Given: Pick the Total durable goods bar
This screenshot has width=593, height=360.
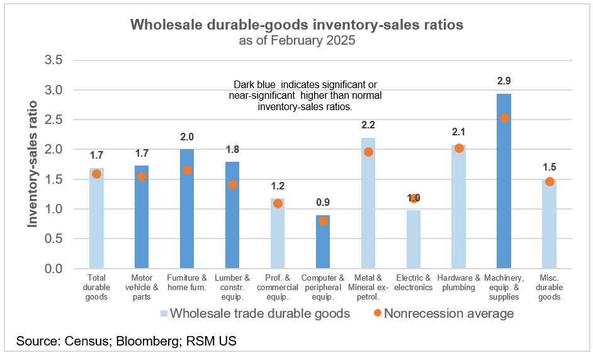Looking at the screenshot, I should point(96,220).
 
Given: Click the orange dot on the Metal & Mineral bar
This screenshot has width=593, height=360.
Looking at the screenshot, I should point(368,152).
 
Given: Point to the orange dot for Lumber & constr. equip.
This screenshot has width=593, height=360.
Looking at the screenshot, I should point(232,184).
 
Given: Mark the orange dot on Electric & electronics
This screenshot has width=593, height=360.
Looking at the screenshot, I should point(414,198).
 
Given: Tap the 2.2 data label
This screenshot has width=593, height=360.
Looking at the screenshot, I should point(368,125).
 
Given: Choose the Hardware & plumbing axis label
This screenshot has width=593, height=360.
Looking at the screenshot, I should point(458,283).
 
